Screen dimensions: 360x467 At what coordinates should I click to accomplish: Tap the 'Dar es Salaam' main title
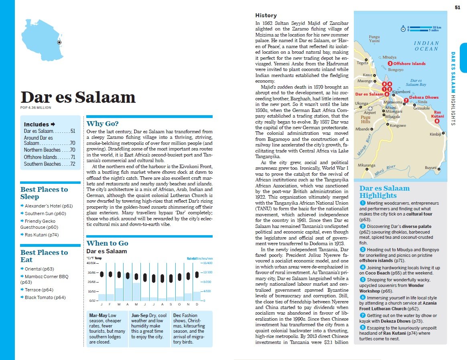(78, 98)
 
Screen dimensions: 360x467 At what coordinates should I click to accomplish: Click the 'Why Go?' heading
(102, 124)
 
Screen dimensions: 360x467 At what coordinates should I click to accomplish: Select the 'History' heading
(266, 15)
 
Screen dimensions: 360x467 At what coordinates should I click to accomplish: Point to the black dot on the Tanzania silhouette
(59, 42)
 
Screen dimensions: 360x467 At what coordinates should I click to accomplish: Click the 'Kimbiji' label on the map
(435, 134)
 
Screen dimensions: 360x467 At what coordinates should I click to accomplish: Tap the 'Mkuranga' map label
(366, 165)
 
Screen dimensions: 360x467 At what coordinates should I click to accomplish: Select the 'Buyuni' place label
(430, 167)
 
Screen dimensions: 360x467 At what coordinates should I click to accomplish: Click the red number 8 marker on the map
(437, 121)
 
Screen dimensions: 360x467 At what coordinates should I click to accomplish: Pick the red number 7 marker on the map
(406, 100)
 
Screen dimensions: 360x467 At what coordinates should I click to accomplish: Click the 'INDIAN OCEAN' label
(426, 46)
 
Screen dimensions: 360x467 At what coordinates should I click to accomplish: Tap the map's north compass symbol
(403, 28)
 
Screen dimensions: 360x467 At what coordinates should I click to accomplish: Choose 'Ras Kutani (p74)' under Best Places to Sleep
(41, 235)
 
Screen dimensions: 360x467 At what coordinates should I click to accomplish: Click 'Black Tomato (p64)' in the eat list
(45, 297)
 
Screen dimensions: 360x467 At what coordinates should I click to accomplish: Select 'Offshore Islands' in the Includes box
(40, 157)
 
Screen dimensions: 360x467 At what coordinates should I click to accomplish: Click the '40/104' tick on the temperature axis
(91, 263)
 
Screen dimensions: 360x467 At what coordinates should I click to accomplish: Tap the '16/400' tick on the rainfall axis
(207, 263)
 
